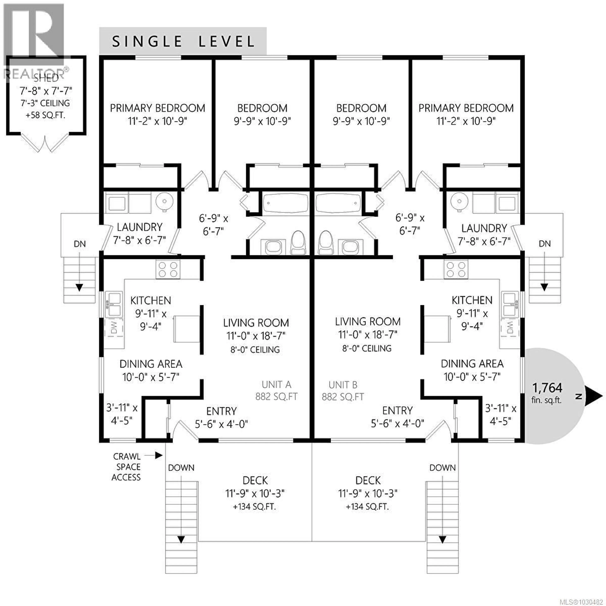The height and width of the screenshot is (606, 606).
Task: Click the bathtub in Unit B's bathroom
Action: [337, 203]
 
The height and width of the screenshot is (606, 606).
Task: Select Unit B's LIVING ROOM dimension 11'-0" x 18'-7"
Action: [368, 335]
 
